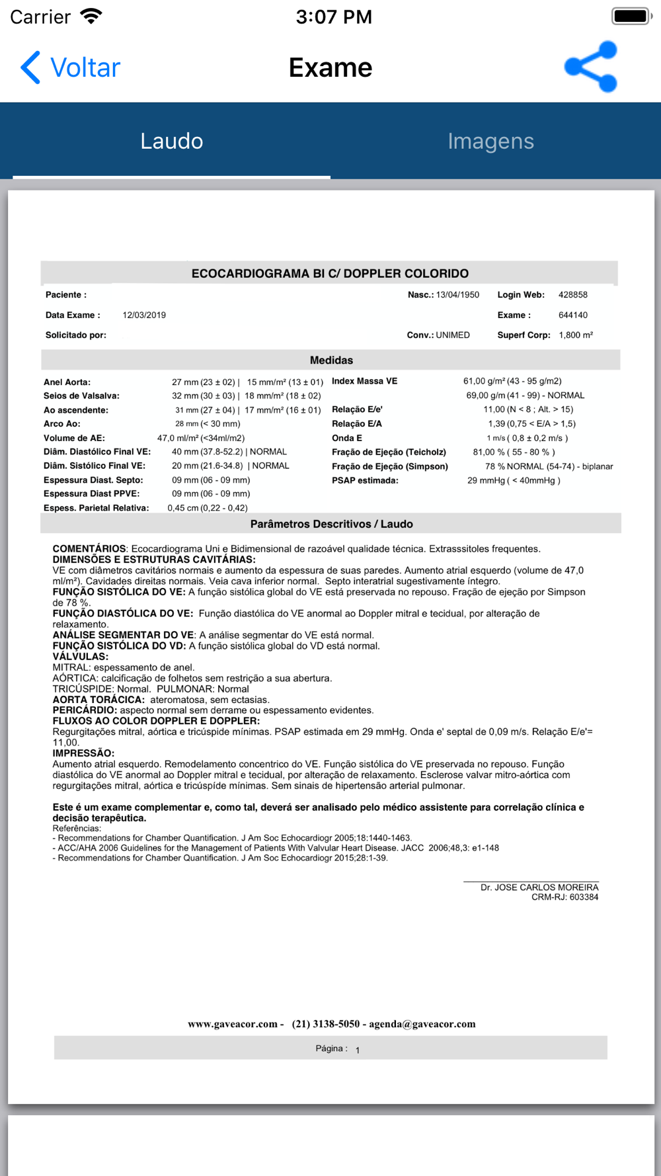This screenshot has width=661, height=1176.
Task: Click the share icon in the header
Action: [591, 67]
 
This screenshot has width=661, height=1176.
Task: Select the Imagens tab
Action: [490, 141]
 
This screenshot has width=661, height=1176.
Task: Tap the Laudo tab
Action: [171, 141]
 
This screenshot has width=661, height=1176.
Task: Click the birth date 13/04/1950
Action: [457, 295]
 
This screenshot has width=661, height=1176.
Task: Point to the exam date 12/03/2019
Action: [144, 315]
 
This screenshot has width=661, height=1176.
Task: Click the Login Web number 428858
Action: [572, 295]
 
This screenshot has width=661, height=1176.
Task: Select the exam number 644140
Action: [572, 315]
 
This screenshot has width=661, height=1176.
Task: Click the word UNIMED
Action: [453, 335]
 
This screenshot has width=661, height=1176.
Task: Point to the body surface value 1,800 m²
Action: [576, 335]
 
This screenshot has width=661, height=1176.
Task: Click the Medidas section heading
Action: [331, 360]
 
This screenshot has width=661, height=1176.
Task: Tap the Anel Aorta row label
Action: [67, 382]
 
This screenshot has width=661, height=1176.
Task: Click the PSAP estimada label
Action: [365, 481]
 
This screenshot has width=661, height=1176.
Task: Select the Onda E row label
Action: [347, 438]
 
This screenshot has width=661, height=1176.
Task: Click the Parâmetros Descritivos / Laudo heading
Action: [331, 525]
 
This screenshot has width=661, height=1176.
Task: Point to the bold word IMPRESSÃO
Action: [83, 753]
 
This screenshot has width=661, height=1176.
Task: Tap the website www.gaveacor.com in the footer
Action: [232, 1024]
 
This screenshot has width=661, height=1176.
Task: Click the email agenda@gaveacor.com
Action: [422, 1024]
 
